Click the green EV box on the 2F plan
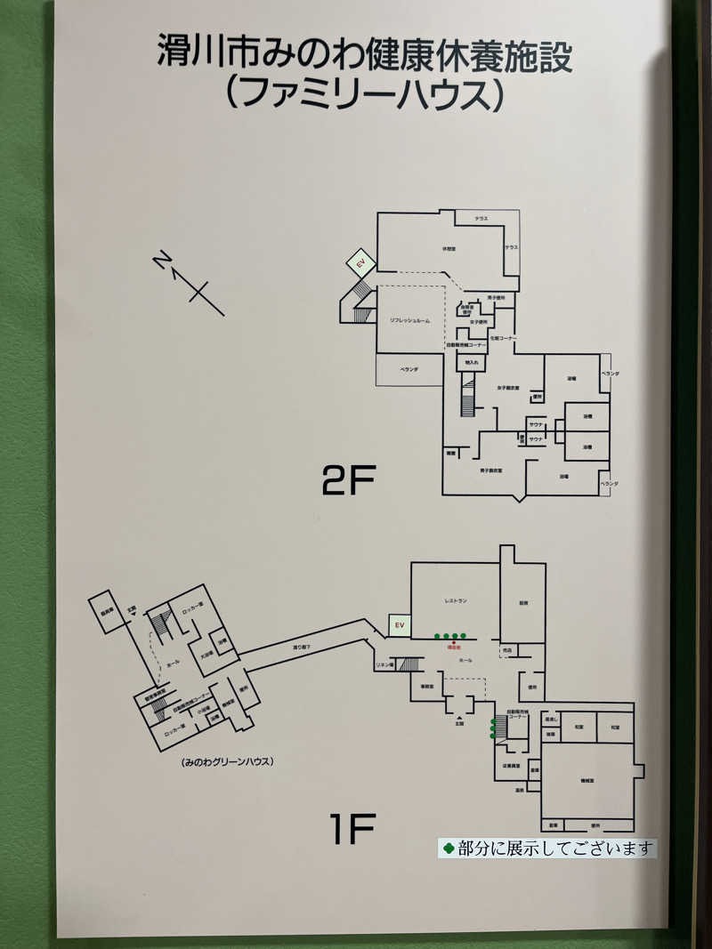coord(361,264)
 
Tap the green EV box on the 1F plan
coord(400,625)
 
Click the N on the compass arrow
coord(161,260)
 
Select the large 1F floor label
coord(352,830)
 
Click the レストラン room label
coord(456,602)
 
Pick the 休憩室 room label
coord(449,249)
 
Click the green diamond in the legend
coord(449,848)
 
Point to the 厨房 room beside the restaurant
coord(523,603)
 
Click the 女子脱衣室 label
coord(508,388)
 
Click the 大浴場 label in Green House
coord(206,654)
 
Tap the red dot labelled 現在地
coord(453,641)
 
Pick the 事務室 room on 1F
coord(427,687)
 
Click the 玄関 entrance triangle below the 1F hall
coord(459,717)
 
